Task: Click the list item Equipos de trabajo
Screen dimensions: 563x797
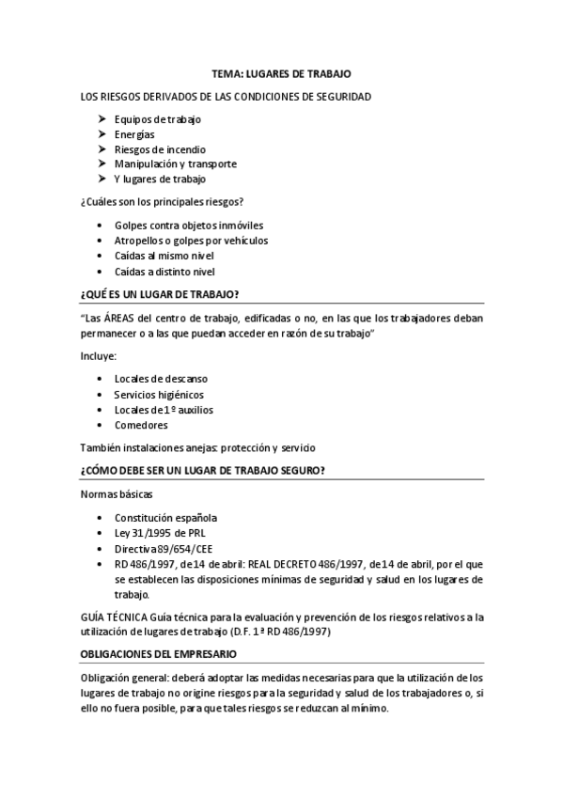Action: click(x=157, y=119)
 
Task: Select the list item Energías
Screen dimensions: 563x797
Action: click(x=134, y=134)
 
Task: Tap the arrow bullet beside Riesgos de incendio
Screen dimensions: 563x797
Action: click(x=102, y=149)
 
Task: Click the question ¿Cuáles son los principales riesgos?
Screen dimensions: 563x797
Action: click(x=164, y=201)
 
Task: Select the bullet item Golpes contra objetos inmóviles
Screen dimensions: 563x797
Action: click(x=188, y=226)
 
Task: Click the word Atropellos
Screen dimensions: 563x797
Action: click(x=139, y=241)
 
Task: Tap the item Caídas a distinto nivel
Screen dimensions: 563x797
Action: click(x=164, y=271)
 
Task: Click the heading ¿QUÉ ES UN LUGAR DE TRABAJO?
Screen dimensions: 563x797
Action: click(x=160, y=294)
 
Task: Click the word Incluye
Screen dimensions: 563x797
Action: click(x=98, y=356)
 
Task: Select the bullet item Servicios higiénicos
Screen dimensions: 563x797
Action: click(x=159, y=395)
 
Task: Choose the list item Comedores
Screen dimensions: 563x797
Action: click(x=141, y=425)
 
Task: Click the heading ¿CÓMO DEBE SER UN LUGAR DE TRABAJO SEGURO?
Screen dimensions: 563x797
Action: click(x=204, y=471)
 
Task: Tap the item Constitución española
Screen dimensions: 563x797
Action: click(x=165, y=518)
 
